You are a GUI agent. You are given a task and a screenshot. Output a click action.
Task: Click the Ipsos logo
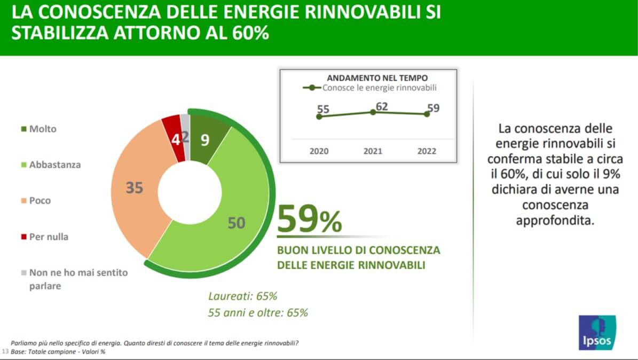click(597, 332)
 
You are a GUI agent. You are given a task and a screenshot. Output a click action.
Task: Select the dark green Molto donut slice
click(206, 140)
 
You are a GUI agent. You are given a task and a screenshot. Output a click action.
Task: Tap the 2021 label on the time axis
click(373, 151)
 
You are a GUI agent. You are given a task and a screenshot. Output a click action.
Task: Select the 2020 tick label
click(319, 151)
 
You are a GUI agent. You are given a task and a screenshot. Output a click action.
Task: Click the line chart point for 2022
click(427, 114)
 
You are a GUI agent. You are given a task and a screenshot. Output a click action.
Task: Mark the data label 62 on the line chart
click(382, 106)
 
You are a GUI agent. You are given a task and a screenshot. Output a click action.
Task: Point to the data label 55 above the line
click(323, 109)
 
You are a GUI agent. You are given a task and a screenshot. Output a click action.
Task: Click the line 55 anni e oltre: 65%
click(258, 313)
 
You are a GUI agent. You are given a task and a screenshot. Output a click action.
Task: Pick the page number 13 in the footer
click(5, 353)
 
